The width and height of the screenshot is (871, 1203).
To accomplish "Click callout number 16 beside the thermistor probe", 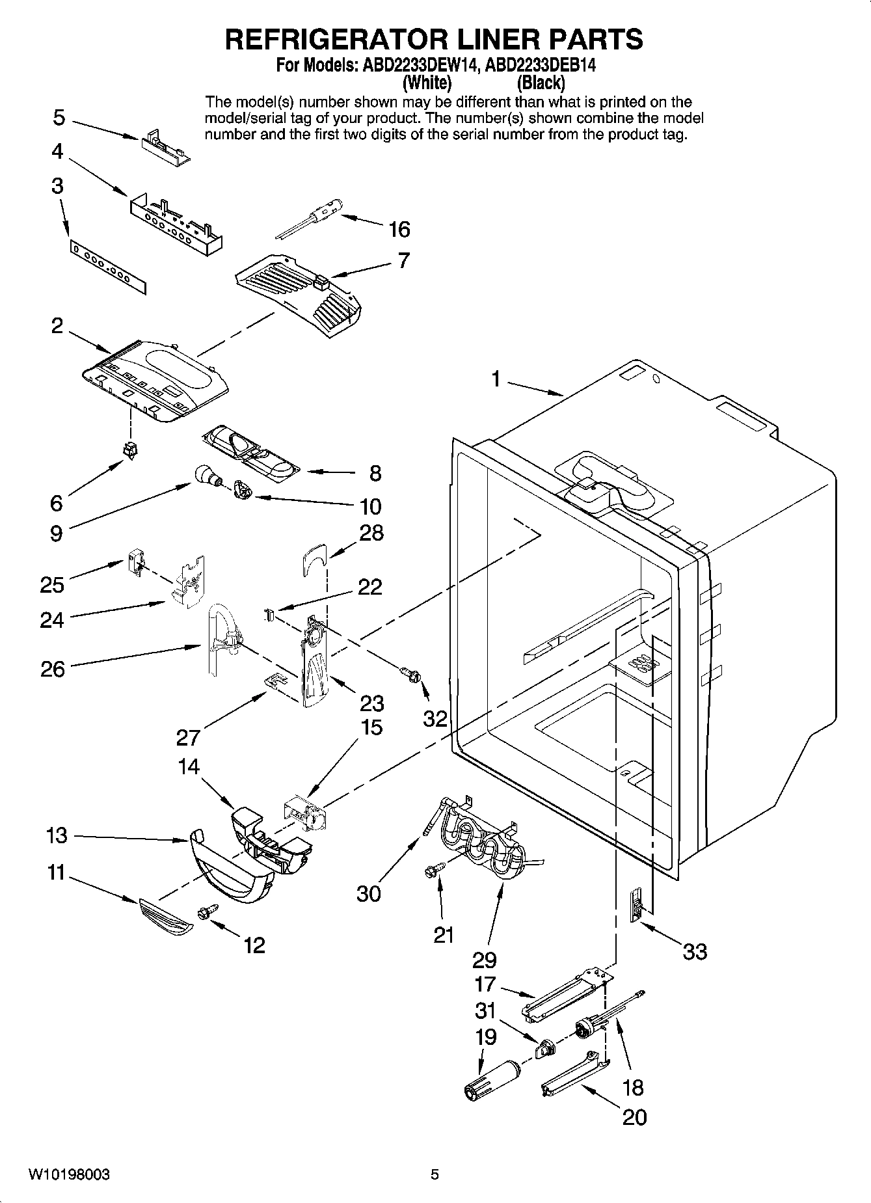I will tap(399, 229).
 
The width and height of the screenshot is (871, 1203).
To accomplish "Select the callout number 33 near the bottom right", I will tap(695, 952).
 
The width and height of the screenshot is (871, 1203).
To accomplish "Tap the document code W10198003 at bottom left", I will tap(68, 1174).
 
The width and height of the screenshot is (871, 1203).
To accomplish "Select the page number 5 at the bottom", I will tap(435, 1174).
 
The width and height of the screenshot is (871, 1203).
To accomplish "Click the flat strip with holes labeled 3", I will tap(108, 265).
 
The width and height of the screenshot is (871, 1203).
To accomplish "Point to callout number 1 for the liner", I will tap(496, 378).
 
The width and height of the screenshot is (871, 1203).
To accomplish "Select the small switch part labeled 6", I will tap(130, 450).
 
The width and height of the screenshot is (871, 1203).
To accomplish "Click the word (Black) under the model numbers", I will tap(540, 83).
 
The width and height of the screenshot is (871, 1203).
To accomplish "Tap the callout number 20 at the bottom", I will tap(634, 1117).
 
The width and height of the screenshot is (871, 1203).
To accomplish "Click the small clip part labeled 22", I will tap(268, 614).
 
